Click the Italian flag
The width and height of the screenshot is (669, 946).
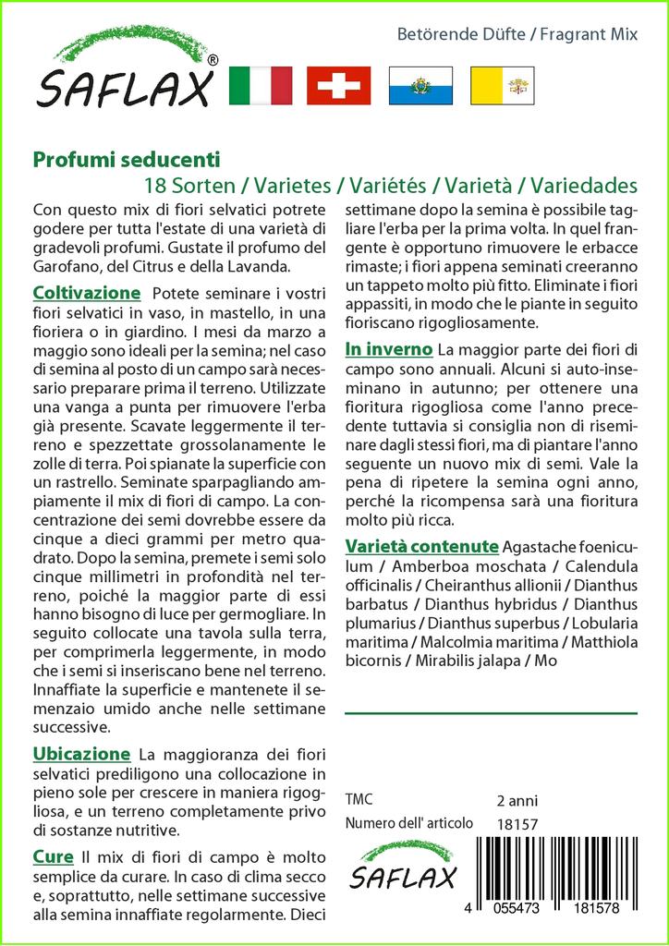(260, 86)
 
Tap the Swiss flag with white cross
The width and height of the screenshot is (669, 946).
(339, 86)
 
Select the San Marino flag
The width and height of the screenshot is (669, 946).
(420, 86)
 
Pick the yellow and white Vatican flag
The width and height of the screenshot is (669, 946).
(502, 86)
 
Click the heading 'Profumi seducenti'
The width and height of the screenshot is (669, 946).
(127, 159)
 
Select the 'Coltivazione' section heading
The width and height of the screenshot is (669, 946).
(86, 293)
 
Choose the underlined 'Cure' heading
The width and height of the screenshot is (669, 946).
(53, 856)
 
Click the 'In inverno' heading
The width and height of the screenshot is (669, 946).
(388, 349)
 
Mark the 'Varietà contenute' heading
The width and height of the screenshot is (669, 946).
(421, 545)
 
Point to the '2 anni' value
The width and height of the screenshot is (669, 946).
(517, 800)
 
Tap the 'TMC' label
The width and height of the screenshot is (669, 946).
(359, 800)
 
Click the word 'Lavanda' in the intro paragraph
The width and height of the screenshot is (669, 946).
(263, 267)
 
